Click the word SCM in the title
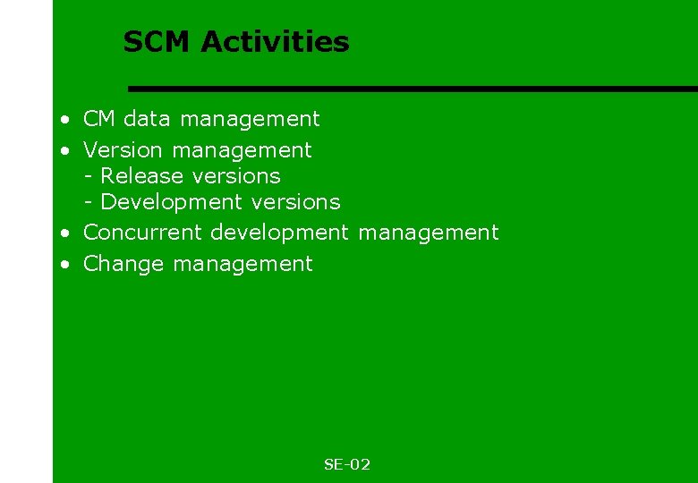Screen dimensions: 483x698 [157, 42]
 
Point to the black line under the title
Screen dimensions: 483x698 [412, 89]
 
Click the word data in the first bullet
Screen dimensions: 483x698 [149, 119]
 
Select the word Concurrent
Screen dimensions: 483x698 [143, 233]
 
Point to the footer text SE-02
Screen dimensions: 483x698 [347, 464]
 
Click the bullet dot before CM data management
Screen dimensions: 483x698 [66, 120]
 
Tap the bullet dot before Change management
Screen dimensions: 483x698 [66, 265]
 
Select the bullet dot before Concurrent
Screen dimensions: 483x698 [66, 233]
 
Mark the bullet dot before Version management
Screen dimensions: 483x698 [66, 151]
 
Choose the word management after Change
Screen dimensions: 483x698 [243, 265]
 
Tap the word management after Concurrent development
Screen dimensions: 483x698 [428, 233]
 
